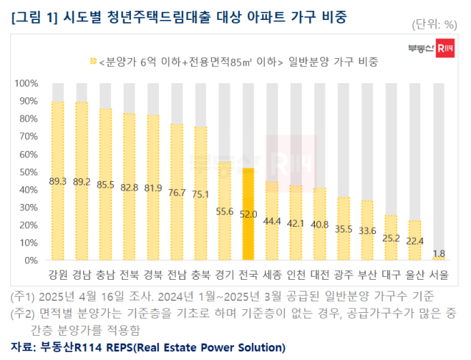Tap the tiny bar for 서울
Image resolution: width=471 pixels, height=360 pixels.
(x=439, y=258)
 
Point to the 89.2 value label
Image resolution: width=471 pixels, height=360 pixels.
(x=82, y=181)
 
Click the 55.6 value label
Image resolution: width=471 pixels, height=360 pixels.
(x=224, y=211)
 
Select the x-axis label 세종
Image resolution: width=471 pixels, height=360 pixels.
(x=272, y=275)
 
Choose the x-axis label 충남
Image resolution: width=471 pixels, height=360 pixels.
(x=105, y=275)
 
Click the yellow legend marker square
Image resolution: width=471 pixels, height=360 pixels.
(x=92, y=62)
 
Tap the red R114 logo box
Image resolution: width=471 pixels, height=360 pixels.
(x=446, y=49)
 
